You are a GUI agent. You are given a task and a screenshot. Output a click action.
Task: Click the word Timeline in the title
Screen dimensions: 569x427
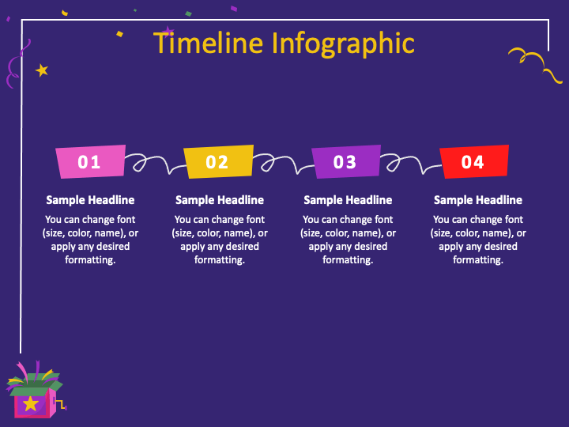point(208,43)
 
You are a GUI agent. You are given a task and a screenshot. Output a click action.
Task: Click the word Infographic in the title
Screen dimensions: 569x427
point(343,44)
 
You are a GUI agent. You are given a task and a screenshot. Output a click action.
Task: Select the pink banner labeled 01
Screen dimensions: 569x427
point(91,161)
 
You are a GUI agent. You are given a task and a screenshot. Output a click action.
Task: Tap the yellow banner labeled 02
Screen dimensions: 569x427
point(218,161)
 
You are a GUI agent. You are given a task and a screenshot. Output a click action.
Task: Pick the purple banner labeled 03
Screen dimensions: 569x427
point(346,161)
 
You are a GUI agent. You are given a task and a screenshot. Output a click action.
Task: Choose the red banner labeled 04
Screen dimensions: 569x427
point(474,161)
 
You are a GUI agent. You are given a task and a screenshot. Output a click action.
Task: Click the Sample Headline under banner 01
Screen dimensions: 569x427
point(90,200)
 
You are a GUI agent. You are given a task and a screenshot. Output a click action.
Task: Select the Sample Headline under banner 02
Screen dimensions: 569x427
point(220,200)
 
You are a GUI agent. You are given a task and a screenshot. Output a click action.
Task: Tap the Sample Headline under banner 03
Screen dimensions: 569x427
point(348,200)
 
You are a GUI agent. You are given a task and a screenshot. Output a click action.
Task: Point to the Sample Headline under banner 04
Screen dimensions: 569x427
point(478,200)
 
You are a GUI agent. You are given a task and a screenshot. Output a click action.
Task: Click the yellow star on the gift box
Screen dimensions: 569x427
point(31,404)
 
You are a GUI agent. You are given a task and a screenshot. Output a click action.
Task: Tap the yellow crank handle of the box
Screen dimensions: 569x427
point(61,404)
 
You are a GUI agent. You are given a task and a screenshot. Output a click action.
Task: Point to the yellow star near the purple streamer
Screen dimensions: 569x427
point(42,70)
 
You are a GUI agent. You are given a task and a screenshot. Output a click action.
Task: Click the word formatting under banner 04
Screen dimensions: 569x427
point(478,260)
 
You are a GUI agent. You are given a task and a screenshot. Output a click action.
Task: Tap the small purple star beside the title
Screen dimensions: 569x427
point(168,32)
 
